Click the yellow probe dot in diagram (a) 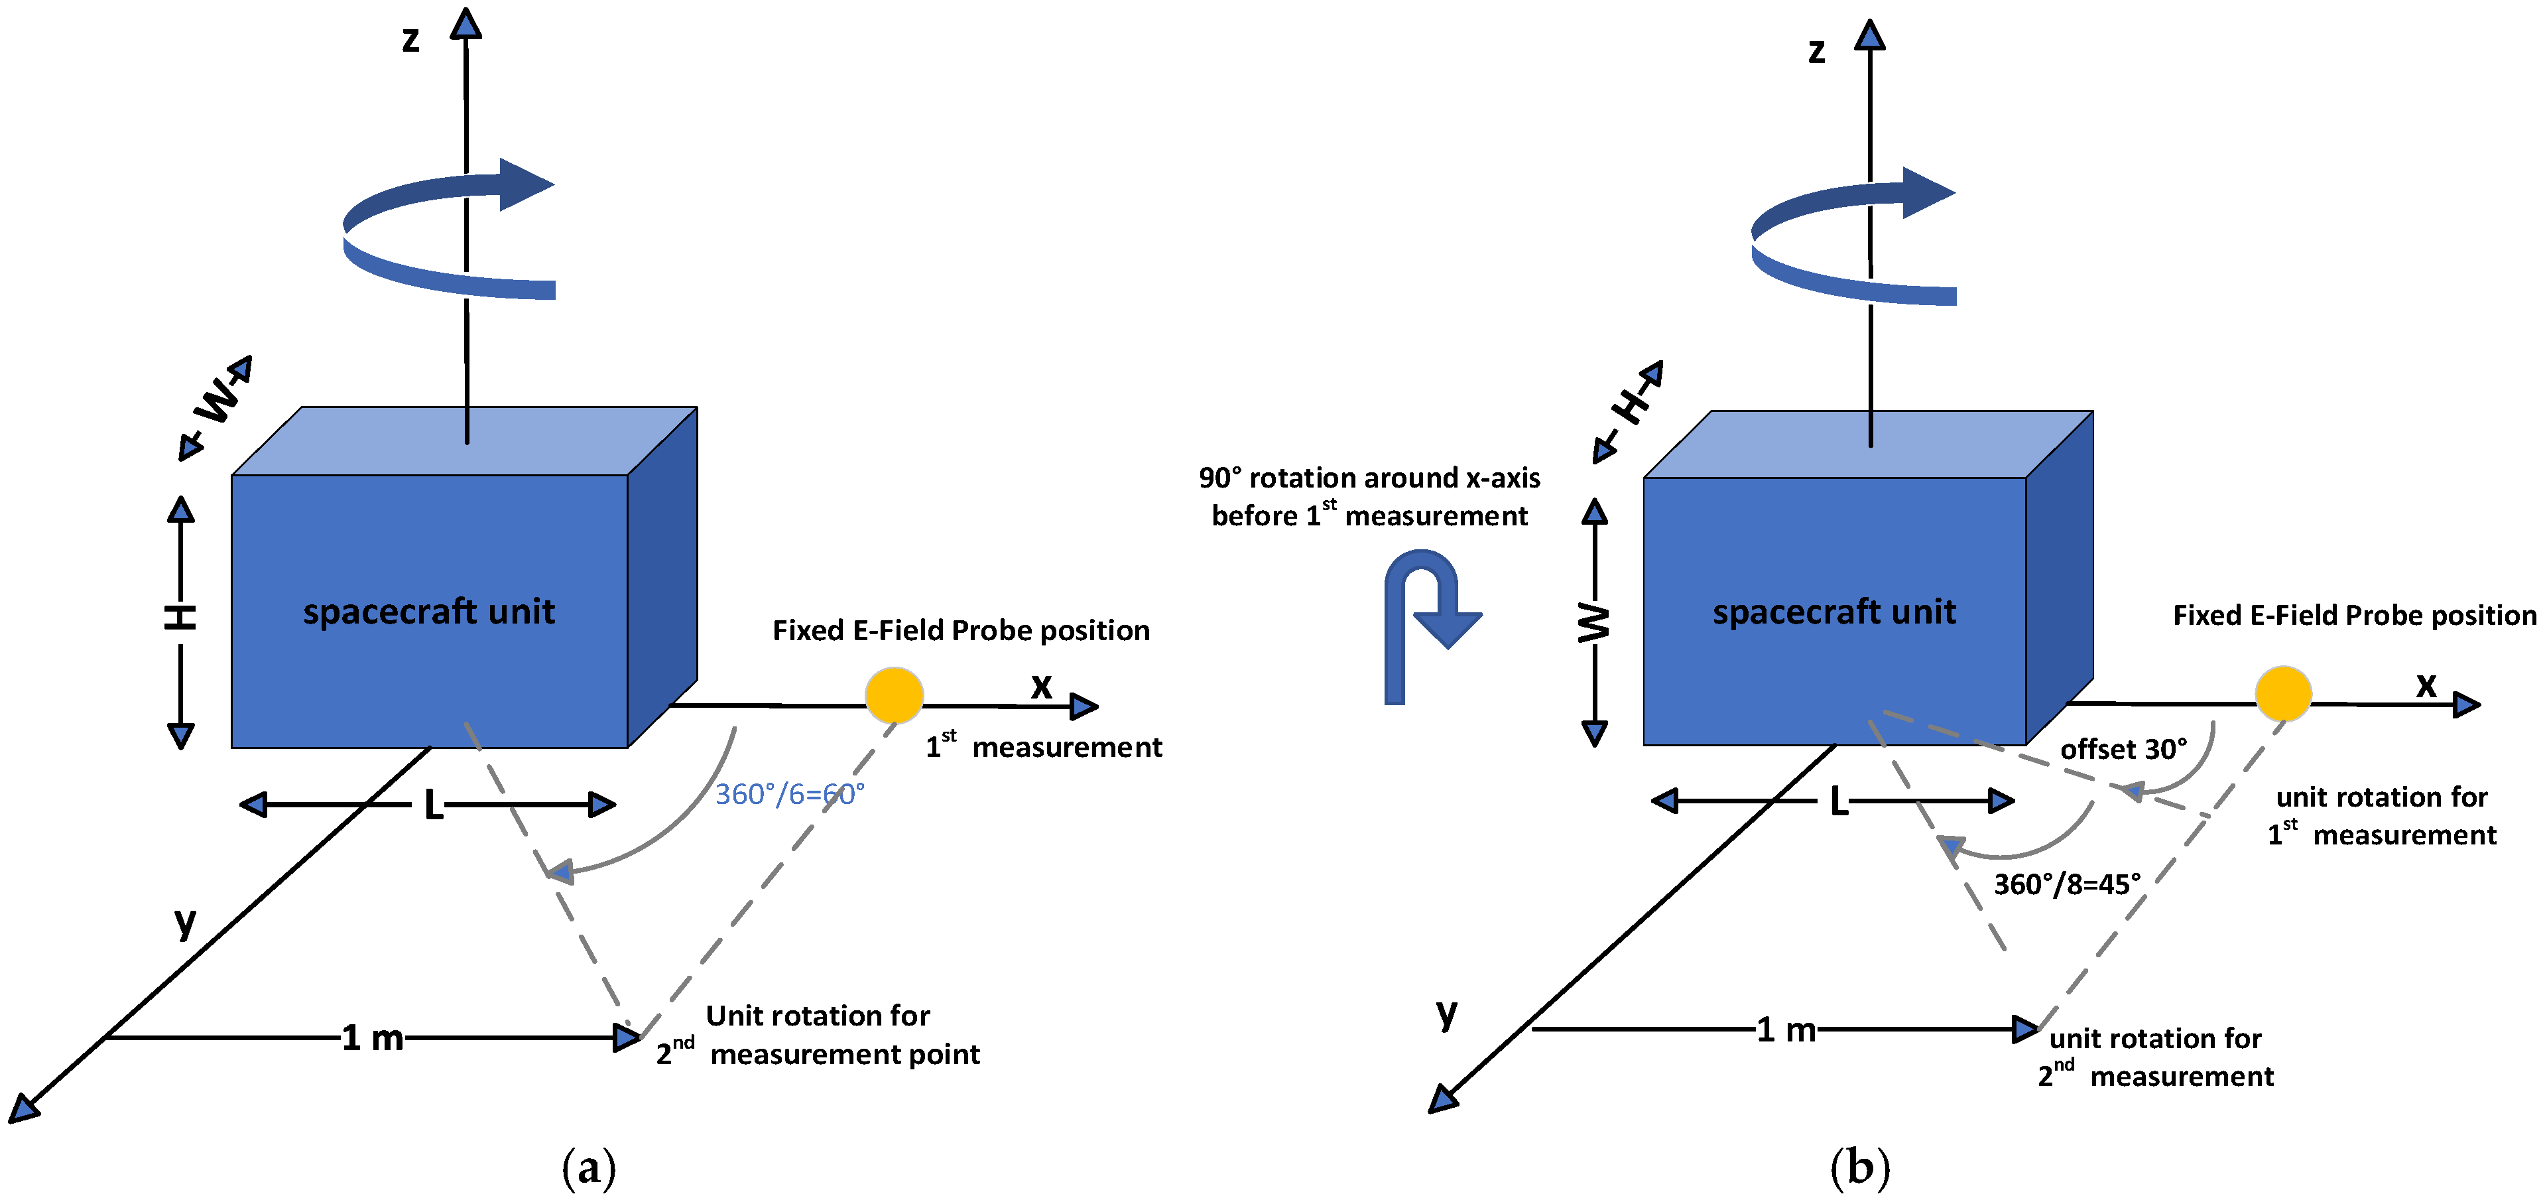coord(894,695)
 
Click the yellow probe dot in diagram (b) coord(2283,693)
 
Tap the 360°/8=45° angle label coord(2067,884)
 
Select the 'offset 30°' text coord(2123,750)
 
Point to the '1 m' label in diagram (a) coord(373,1038)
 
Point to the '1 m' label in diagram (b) coord(1786,1030)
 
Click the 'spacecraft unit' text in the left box coord(429,612)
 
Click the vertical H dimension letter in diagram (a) coord(180,618)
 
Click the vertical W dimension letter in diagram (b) coord(1593,623)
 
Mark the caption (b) coord(1859,1168)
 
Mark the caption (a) coord(589,1168)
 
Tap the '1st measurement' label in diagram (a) coord(1043,746)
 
